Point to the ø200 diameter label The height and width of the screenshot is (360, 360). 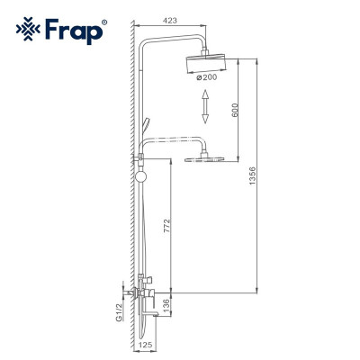pos(207,77)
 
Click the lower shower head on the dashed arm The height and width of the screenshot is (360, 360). pos(205,158)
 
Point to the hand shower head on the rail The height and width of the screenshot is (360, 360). pos(139,131)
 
